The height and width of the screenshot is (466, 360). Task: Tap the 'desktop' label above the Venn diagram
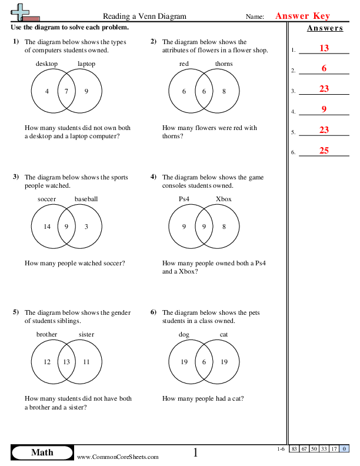tap(47, 64)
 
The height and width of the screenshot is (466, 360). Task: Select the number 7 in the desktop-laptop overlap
tap(66, 91)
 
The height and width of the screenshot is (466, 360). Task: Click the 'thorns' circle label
tap(224, 64)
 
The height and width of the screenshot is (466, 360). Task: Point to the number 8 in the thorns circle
tap(224, 91)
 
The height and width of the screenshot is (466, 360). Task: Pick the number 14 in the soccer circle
tap(47, 227)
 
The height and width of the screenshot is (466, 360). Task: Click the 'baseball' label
tap(86, 199)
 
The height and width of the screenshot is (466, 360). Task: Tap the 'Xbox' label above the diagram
tap(224, 199)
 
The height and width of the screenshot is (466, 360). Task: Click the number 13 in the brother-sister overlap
tap(66, 362)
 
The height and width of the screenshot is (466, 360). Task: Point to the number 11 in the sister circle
tap(86, 362)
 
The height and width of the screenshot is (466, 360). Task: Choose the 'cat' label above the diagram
tap(224, 334)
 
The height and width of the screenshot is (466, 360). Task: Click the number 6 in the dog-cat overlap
tap(204, 362)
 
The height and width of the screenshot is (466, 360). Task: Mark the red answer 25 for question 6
tap(324, 151)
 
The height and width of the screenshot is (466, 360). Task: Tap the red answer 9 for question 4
tap(324, 109)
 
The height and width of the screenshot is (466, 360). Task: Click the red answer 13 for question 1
tap(324, 48)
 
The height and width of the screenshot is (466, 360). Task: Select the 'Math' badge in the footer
tap(42, 452)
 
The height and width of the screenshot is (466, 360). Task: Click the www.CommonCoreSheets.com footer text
tap(118, 457)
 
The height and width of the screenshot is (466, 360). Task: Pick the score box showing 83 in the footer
tap(294, 449)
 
